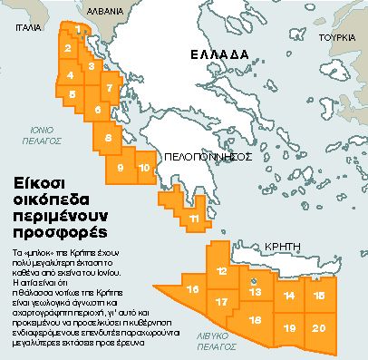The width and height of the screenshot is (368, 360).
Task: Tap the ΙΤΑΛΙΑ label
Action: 17,27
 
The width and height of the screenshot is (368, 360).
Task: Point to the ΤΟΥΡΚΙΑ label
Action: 339,40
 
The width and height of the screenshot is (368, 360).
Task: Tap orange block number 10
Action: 144,168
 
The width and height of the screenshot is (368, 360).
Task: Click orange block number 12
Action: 222,271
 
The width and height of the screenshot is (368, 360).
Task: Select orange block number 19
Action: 289,327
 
